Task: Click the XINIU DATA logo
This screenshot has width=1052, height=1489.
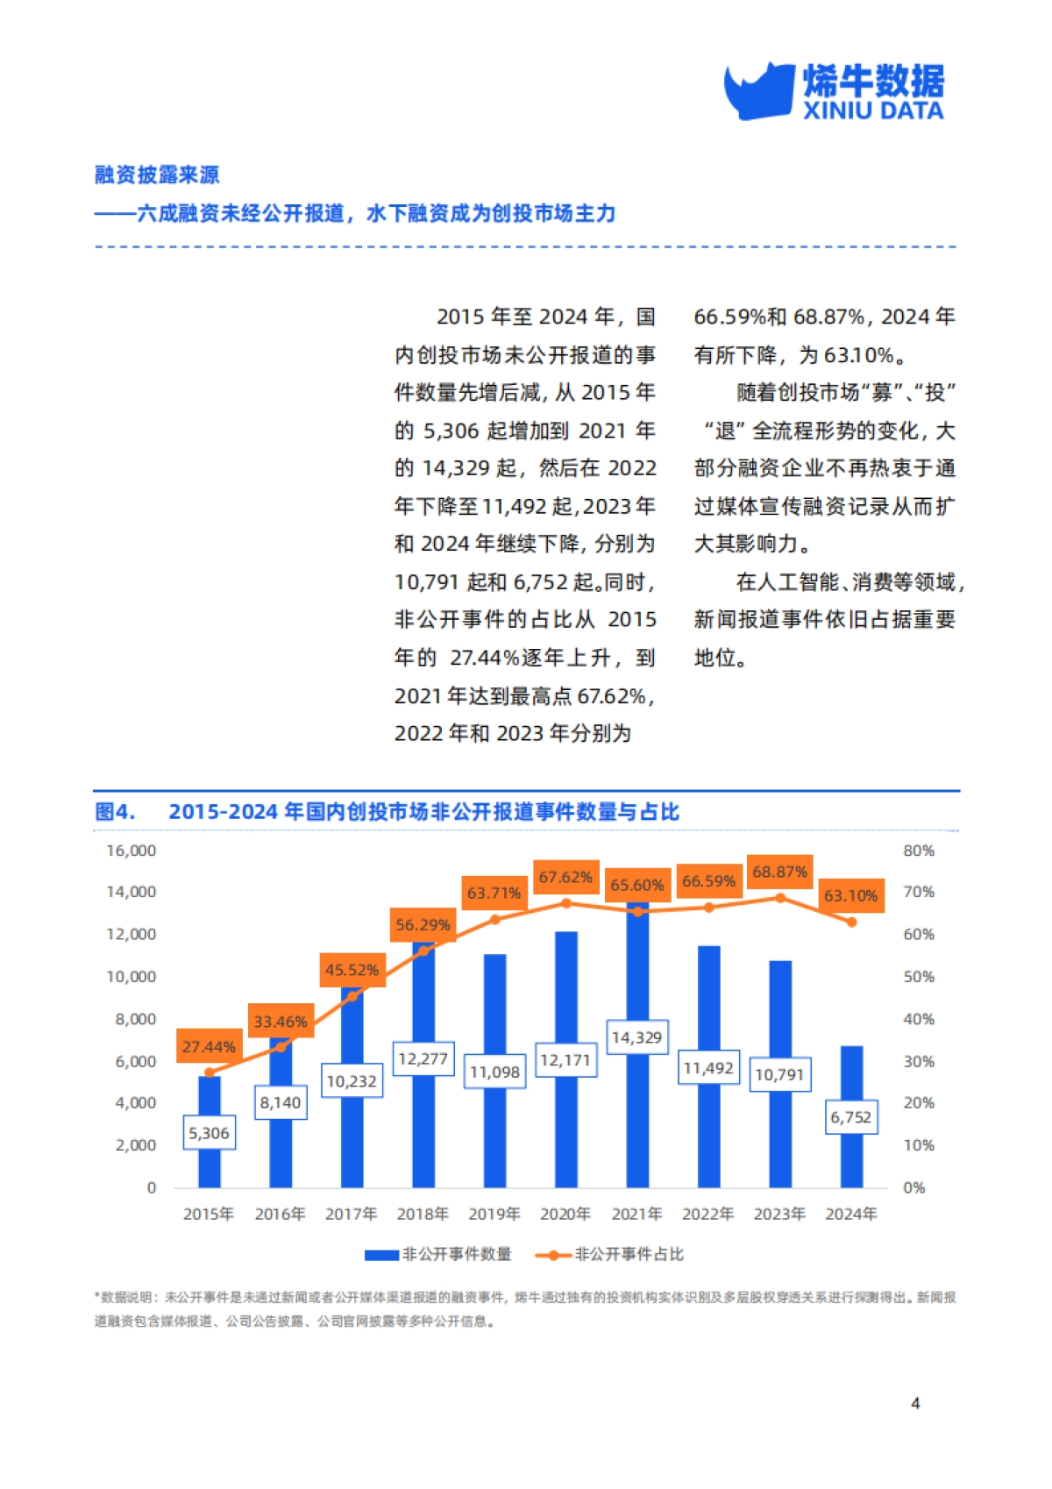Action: point(834,91)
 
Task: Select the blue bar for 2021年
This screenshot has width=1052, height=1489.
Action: point(637,1122)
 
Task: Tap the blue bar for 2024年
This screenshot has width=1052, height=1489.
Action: point(851,1158)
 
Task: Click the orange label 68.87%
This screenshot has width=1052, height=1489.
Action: point(779,872)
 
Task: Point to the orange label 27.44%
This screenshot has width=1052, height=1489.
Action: point(209,1046)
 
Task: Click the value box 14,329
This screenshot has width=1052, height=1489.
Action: point(637,1037)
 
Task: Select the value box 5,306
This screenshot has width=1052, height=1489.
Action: point(209,1133)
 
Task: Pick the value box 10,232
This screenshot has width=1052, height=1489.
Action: point(352,1081)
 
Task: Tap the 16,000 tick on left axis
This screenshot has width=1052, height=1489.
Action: point(131,851)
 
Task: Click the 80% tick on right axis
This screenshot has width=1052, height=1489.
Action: point(918,851)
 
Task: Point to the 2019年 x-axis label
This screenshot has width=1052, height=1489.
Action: point(494,1214)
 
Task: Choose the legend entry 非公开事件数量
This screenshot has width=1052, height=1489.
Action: point(438,1255)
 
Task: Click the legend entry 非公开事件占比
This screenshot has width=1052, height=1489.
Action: point(610,1255)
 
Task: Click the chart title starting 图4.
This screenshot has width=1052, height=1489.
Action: point(387,812)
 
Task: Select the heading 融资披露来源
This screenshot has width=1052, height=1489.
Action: point(157,175)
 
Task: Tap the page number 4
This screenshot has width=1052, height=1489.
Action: point(915,1403)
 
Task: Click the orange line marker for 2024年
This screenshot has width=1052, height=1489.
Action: point(851,922)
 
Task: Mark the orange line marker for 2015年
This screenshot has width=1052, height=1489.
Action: point(209,1072)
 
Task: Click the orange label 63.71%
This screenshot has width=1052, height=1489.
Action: point(494,893)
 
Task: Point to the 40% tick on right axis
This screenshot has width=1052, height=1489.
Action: point(918,1019)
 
